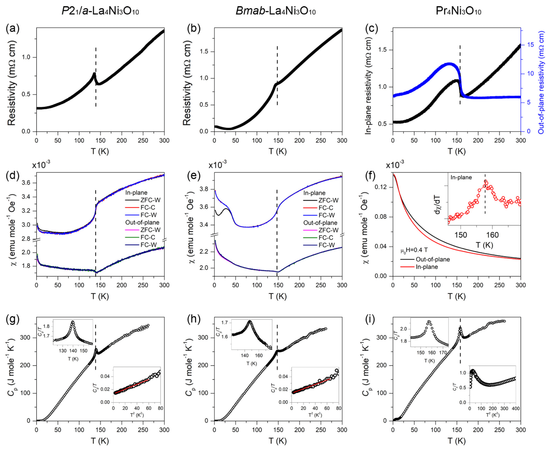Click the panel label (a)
[12, 28]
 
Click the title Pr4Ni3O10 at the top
[458, 11]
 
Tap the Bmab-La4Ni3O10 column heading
[275, 11]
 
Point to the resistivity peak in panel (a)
[94, 73]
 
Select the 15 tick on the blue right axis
[530, 45]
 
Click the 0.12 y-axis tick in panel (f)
[382, 187]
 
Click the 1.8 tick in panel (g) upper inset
[46, 326]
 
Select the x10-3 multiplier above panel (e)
[217, 165]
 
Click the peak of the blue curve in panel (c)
[450, 64]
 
